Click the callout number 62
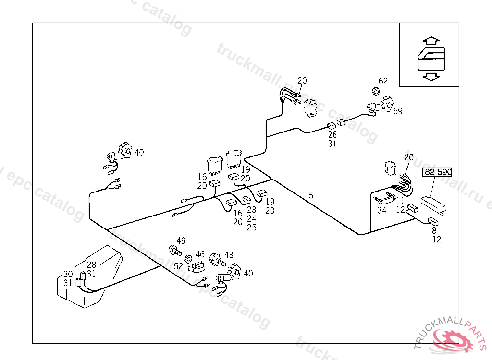coord(383,81)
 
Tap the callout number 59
coord(398,111)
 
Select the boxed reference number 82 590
coord(437,172)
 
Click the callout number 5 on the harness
coord(311,195)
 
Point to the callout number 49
coord(181,240)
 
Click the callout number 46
coord(200,254)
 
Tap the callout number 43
coord(229,255)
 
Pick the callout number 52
coord(179,265)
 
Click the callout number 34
coord(382,210)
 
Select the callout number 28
coord(91,264)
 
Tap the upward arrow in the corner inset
coord(431,40)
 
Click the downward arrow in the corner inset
coord(431,76)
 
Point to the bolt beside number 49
coord(173,250)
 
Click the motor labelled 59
coord(379,106)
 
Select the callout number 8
coord(434,230)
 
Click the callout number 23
coord(252,210)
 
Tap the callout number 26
coord(332,134)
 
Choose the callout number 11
coord(400,201)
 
